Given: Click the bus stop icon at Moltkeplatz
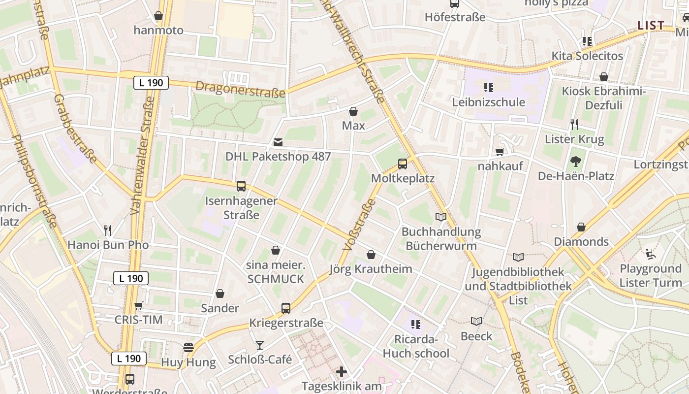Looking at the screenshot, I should coord(403,164).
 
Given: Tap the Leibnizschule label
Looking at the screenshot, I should coord(489,102).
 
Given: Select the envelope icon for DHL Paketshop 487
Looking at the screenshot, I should coord(278,143).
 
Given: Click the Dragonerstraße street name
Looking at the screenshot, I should coord(240,89).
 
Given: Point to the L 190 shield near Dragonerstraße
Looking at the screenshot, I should coord(151,83).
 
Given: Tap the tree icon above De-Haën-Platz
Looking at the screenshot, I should coord(575,161).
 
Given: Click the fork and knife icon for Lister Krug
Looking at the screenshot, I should coord(574,124).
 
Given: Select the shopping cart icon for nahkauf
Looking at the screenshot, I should coord(500,152).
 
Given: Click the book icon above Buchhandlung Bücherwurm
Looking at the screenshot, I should coord(441,217).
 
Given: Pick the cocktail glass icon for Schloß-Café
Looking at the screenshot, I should coord(260,345).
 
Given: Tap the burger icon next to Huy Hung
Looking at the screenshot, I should coord(188,348).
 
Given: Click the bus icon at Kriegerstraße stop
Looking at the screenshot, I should coord(286,308).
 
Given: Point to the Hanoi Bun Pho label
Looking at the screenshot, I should coord(108,245).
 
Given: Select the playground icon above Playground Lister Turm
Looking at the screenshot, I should coord(651,254).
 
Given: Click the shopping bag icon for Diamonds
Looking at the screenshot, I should coord(581,227).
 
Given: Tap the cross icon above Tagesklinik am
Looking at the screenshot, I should coord(342,371).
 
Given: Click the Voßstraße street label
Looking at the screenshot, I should coord(354,228).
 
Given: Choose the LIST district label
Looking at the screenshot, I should coord(651,26).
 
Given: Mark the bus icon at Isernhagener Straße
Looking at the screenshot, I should coord(241,186).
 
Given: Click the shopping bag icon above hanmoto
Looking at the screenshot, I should coord(158,16).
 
